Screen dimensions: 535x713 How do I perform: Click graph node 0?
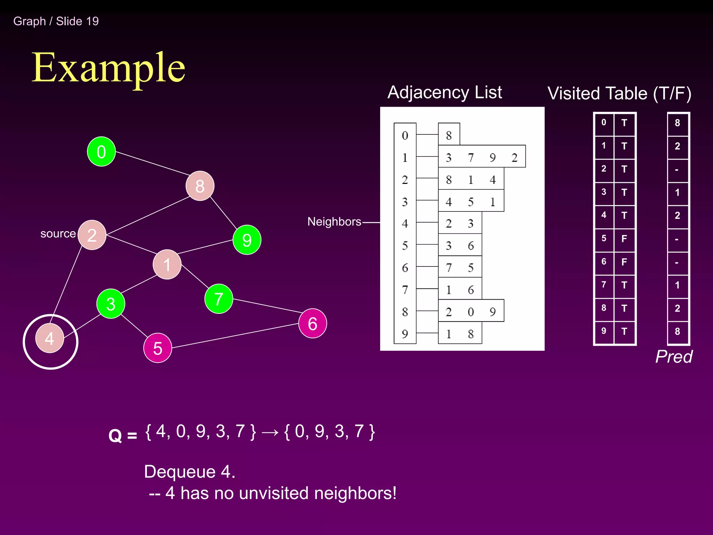(101, 152)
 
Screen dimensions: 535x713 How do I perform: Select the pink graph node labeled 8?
(200, 186)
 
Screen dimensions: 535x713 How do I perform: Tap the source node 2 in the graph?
(92, 235)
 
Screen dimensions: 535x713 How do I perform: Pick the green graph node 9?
(247, 240)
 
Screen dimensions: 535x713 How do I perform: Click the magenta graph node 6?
(312, 324)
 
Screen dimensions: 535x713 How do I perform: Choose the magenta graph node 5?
(158, 348)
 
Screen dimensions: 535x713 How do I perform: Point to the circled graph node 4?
(50, 339)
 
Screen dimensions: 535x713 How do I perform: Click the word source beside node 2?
(58, 234)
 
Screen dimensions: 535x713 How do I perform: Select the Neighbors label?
(334, 222)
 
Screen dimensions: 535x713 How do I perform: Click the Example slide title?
(108, 68)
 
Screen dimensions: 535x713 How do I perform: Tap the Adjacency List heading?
(445, 92)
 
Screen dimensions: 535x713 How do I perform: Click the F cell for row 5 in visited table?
(624, 239)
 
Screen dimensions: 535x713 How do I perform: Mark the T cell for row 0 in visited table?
(624, 123)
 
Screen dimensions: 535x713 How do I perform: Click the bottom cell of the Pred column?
(677, 331)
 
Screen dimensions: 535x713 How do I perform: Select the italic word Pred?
(674, 357)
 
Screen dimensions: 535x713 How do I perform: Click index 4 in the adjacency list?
(405, 224)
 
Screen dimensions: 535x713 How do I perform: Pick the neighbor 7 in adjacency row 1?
(471, 158)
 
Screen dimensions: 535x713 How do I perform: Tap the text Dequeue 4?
(190, 472)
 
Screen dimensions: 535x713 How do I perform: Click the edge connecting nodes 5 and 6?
(235, 336)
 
